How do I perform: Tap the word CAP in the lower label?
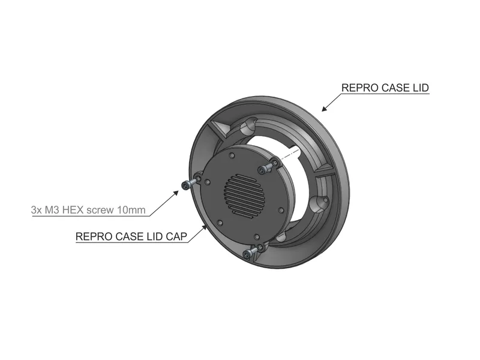(x=176, y=236)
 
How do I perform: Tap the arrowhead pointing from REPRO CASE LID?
(x=325, y=108)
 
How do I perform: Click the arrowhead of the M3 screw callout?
(x=176, y=193)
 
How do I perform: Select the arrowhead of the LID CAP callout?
(x=204, y=228)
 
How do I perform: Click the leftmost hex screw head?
(x=185, y=185)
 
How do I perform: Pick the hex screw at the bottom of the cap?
(x=247, y=253)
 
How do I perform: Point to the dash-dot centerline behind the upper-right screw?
(x=289, y=155)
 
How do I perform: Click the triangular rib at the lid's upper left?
(x=220, y=128)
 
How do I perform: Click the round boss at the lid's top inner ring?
(x=248, y=126)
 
